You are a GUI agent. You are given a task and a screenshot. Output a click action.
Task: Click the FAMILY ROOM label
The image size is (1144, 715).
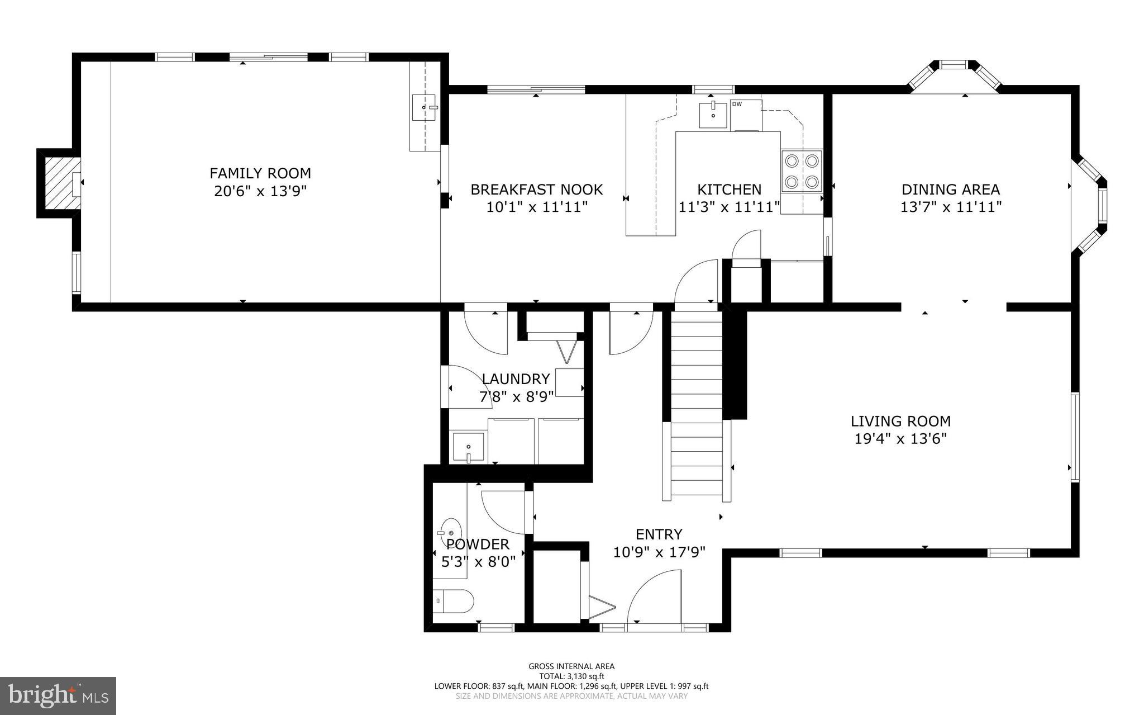[260, 173]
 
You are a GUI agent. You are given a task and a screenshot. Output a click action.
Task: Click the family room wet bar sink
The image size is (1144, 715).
[424, 107]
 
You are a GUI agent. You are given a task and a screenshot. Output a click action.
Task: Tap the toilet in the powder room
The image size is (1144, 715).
[454, 602]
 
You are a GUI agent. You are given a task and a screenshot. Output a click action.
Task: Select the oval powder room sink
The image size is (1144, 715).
[450, 528]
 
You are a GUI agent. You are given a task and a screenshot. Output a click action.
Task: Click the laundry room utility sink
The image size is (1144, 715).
[468, 448]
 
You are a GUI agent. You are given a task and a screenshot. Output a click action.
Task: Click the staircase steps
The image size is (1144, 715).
[697, 408]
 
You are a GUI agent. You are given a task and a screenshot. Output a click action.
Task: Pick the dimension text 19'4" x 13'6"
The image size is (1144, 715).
[900, 439]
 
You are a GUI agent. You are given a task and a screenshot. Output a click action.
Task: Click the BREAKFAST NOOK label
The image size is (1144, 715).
[536, 190]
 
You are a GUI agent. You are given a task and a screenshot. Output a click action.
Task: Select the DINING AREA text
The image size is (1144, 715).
[951, 190]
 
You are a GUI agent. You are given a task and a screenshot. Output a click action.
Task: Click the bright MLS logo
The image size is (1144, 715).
[58, 695]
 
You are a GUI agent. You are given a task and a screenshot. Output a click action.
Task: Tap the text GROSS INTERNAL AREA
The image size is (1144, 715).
[571, 666]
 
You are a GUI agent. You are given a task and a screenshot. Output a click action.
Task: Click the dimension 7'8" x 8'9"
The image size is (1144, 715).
[516, 397]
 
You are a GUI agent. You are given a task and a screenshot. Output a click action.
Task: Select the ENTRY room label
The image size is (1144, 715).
[659, 534]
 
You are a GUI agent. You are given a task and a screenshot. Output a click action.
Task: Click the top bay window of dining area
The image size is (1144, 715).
[954, 66]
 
